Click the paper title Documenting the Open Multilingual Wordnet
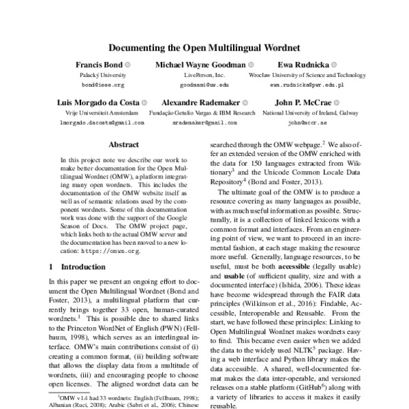[204, 48]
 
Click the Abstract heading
[123, 145]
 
